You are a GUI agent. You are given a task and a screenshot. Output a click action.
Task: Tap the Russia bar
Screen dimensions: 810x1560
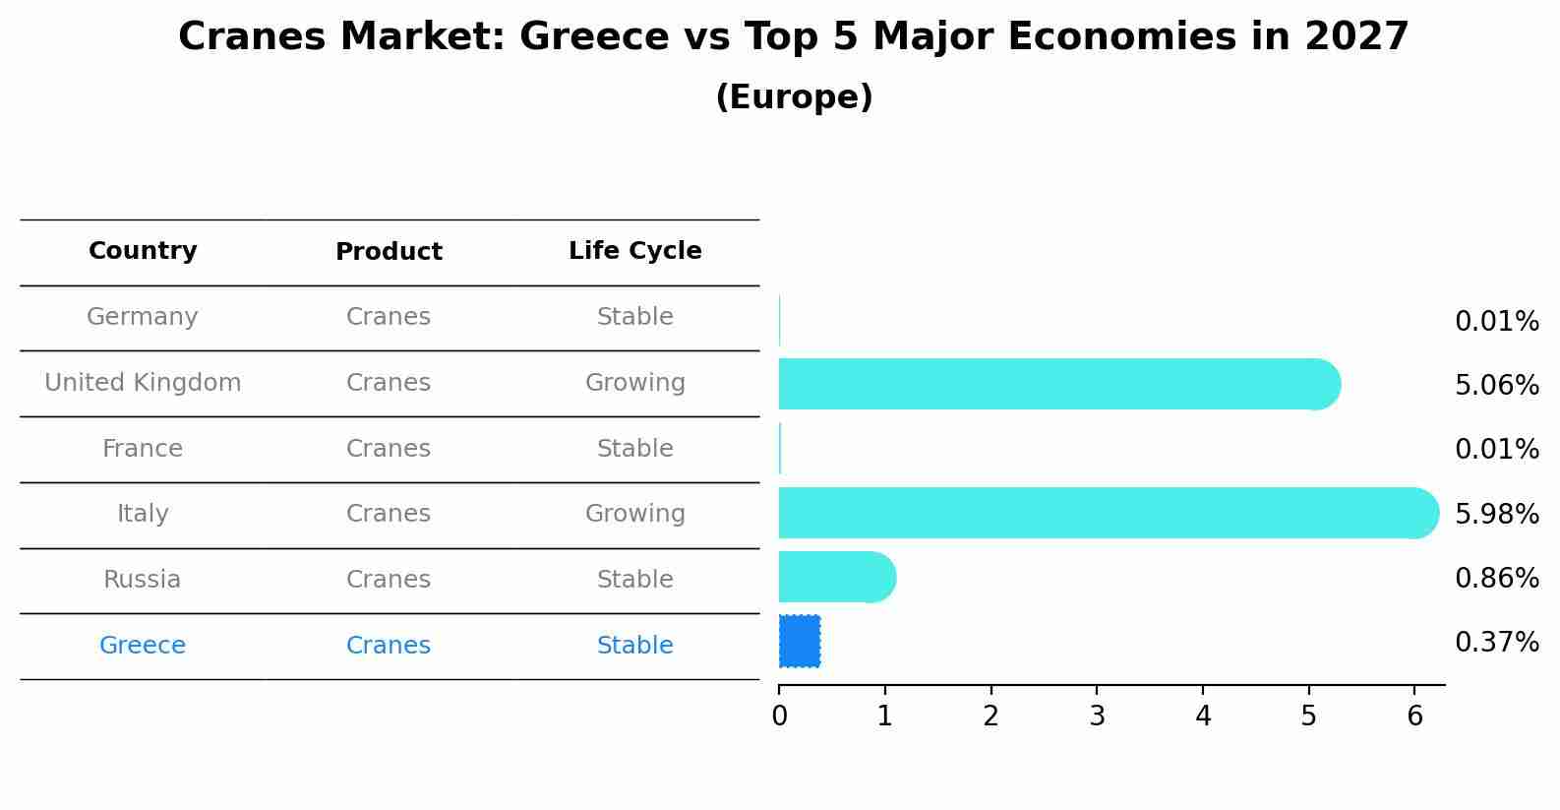pos(836,577)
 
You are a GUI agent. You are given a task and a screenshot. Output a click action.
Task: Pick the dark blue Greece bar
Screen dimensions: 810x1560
pos(800,642)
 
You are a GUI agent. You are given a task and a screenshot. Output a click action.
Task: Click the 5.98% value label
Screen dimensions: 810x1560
pos(1496,514)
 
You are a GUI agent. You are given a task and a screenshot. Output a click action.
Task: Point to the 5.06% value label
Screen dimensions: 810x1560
pos(1496,385)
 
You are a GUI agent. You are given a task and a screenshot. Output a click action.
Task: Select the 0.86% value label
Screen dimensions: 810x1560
pos(1496,578)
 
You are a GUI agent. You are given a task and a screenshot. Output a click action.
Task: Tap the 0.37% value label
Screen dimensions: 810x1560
pos(1496,643)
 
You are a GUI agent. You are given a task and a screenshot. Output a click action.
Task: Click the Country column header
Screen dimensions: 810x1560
pos(143,251)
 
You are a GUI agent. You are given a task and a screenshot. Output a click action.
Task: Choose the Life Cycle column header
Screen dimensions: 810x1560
pos(634,251)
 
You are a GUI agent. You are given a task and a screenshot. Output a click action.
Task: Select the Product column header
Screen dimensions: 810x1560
pos(389,252)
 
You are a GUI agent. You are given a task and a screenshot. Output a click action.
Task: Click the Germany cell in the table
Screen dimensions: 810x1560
pos(143,317)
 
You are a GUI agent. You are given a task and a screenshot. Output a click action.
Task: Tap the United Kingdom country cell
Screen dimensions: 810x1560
pos(143,383)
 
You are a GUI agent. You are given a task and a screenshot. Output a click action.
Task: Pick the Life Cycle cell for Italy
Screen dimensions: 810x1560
pos(634,514)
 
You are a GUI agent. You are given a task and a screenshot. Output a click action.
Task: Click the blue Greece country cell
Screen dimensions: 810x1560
pos(143,646)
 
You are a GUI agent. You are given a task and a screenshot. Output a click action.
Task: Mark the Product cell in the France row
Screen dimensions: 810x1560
pos(389,449)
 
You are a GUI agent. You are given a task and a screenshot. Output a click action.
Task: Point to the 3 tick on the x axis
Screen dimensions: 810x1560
pos(1097,716)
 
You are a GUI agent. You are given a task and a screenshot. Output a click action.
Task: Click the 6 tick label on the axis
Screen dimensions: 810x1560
pos(1414,716)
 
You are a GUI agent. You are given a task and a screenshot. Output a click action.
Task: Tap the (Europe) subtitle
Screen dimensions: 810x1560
pos(794,97)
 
